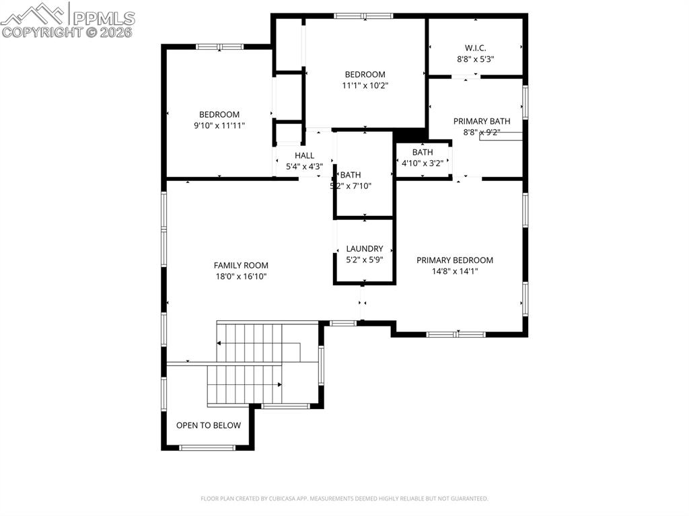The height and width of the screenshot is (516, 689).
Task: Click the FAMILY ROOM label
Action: pos(240,265)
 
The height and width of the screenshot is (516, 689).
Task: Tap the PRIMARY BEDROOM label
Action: pos(454,260)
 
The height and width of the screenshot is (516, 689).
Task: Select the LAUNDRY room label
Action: pos(364,248)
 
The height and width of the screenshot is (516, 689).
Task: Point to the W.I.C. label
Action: pos(475,48)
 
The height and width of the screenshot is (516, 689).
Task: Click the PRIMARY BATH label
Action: pos(481,121)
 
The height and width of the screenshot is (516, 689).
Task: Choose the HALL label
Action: pos(304,155)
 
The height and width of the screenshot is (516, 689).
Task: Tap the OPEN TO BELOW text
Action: pos(208,425)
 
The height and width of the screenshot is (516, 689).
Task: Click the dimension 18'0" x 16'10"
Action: pos(240,277)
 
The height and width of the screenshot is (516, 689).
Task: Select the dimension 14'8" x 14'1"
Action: pos(454,271)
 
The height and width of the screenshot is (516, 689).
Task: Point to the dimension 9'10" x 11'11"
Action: pos(219,125)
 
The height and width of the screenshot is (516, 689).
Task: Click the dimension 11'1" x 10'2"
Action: pos(365,85)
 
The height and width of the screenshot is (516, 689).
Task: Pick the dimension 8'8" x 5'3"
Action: pos(475,59)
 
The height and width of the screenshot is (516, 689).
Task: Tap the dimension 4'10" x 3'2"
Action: pos(423,163)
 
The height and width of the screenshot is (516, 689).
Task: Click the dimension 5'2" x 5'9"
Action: pos(364,259)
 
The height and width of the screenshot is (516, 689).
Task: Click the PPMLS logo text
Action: pos(103,18)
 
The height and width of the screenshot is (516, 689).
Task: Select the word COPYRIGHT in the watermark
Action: pos(44,32)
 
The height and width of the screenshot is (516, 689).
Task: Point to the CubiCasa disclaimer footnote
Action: pos(344,499)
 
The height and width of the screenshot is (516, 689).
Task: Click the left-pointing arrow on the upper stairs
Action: pos(219,342)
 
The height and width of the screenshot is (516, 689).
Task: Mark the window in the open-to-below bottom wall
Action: pos(207,447)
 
